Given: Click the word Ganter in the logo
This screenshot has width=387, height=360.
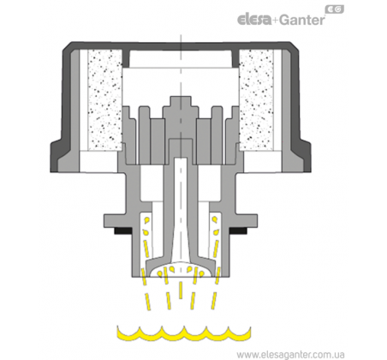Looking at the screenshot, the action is point(301,20).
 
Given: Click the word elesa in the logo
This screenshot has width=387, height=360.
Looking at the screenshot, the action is point(254,20).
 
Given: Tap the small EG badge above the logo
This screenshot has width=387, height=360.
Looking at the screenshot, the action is point(334,9).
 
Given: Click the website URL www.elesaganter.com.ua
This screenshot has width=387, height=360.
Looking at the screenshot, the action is point(290,354).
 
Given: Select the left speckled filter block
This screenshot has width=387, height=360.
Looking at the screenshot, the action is point(104,100).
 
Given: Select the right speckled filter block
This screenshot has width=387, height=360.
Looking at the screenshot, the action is point(256,100).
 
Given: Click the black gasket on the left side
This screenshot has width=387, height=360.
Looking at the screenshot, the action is point(122,231).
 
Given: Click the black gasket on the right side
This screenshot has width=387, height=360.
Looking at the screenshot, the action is point(238,231).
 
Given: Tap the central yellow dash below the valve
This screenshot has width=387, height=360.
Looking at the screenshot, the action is point(181,290).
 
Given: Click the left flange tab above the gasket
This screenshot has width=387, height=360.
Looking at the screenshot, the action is point(116,220).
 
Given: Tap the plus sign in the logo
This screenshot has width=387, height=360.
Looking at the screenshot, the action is point(275,21).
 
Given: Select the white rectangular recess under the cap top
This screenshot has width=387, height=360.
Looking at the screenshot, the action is point(181,59).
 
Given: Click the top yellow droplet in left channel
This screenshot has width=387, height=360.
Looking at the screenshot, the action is point(147,220).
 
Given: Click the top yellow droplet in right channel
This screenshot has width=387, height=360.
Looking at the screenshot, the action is point(214,219).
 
